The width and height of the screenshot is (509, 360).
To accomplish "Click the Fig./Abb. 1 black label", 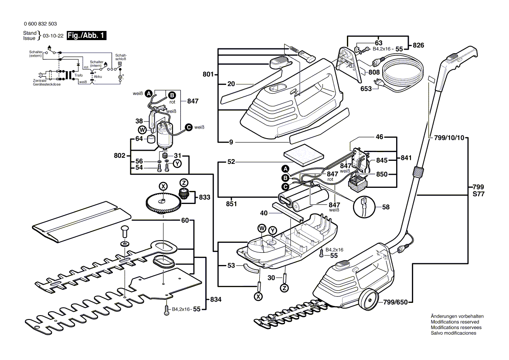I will click(85, 36).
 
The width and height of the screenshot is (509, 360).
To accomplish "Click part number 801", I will click(208, 75).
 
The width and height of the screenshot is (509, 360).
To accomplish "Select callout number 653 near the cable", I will click(366, 88).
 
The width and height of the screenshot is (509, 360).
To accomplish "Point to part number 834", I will click(215, 300).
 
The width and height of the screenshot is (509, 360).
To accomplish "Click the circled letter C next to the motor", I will click(188, 127).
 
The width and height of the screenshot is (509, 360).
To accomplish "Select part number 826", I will click(418, 45).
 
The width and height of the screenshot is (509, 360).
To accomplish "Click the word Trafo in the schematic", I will click(78, 75).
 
